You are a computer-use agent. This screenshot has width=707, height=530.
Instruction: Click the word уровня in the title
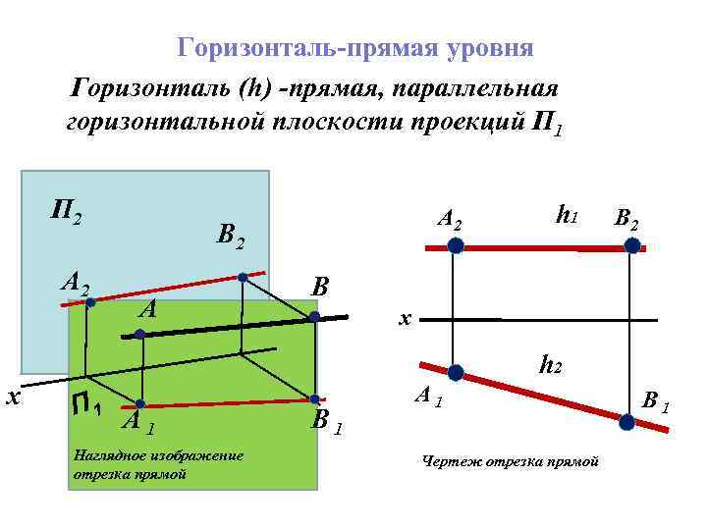487,47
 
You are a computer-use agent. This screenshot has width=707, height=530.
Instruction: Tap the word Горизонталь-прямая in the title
307,47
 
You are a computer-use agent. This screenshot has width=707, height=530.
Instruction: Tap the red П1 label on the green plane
86,402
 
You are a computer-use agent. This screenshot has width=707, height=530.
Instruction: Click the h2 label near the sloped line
550,366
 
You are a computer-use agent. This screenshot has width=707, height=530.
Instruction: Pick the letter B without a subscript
319,288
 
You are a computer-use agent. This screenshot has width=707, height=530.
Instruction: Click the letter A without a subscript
148,310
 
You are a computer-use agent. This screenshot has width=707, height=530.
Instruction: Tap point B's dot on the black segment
313,317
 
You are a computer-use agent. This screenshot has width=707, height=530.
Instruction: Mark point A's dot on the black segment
140,335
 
